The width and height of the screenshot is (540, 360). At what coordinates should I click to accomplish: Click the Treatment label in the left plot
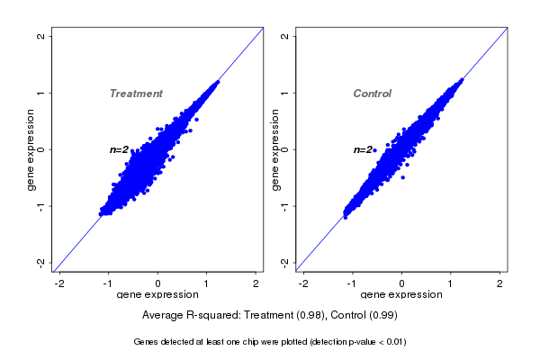136,94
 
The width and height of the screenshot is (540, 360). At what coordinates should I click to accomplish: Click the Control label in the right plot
372,94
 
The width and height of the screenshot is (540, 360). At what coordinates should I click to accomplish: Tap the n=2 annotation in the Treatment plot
120,149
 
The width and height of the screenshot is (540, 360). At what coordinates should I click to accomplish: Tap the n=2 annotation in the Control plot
364,149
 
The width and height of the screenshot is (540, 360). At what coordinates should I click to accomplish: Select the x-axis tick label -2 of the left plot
59,283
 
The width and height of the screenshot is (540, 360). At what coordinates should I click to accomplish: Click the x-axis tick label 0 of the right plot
401,283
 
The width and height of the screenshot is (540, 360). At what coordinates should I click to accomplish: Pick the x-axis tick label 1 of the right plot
451,283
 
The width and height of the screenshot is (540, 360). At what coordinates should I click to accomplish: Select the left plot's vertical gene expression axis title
31,149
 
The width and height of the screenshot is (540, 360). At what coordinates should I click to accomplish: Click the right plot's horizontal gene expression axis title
401,295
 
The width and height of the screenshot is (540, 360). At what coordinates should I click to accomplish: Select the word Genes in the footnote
146,342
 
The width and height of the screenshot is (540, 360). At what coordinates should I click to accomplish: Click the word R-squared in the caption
211,315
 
